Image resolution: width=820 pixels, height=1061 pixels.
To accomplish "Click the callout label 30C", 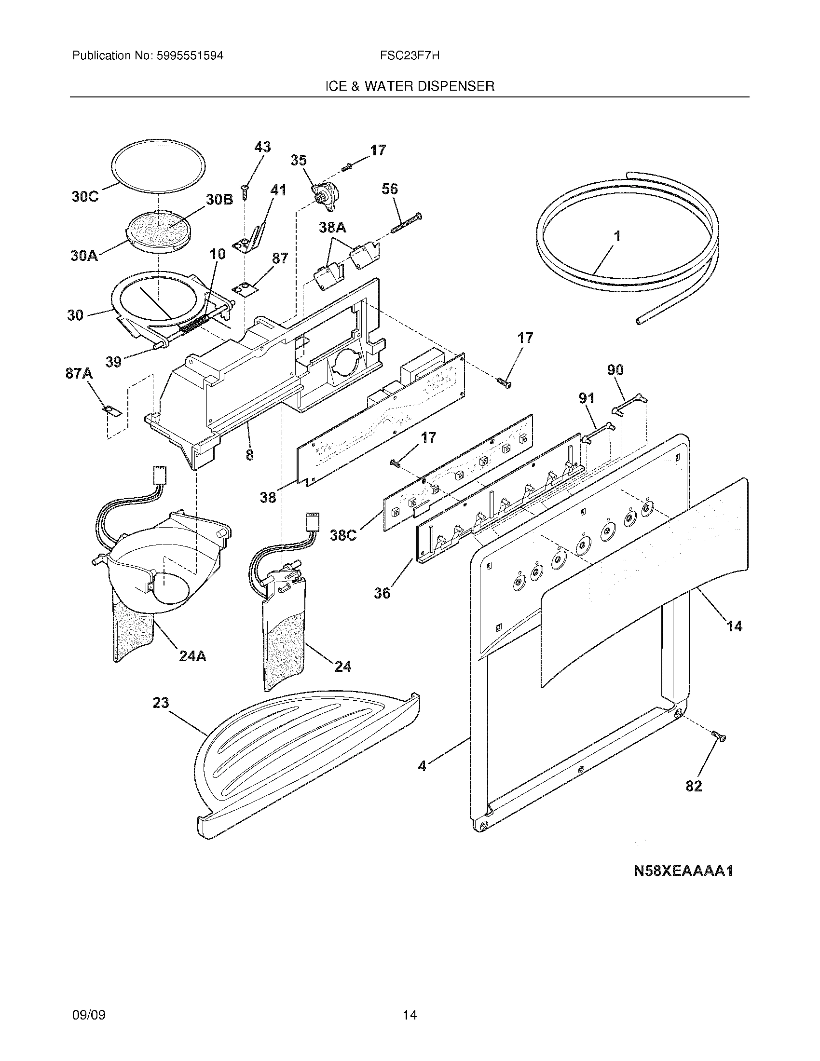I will pos(85,197).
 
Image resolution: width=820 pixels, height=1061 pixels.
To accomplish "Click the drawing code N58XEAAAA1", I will pos(683,871).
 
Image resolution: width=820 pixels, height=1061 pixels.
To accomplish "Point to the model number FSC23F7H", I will pos(410,56).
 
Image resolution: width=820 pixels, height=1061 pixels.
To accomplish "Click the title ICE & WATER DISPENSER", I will pos(410,86).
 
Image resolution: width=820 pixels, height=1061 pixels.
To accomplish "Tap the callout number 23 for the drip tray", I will pos(161,703).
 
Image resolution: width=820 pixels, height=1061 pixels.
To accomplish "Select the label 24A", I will pos(192,656).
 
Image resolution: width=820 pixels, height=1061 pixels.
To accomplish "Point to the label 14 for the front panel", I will pos(734,626).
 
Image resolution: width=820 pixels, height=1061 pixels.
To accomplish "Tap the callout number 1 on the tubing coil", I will pos(617,237).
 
